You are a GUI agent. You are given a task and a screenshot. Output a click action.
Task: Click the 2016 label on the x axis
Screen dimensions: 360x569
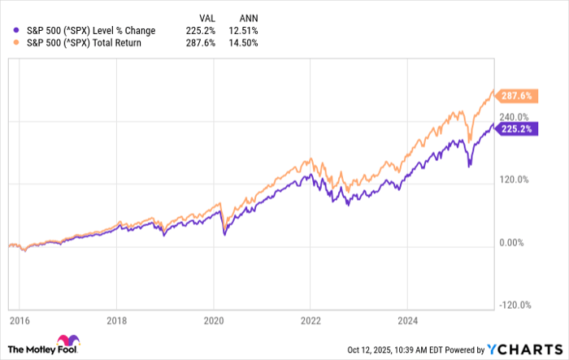(19, 320)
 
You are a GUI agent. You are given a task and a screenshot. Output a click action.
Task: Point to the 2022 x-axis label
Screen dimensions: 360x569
(310, 320)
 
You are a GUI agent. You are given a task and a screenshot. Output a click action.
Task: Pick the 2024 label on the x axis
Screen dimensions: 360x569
(407, 320)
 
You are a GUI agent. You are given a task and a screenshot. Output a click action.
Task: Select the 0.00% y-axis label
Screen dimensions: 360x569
(511, 242)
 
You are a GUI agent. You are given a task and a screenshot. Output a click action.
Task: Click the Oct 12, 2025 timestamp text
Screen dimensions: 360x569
(411, 349)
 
